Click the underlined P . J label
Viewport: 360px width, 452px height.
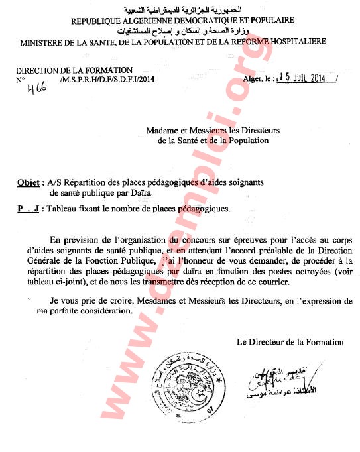(27, 209)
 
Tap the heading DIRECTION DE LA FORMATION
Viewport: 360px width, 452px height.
(74, 70)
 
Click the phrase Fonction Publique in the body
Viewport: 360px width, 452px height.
(117, 260)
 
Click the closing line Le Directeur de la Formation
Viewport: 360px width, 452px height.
(290, 342)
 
